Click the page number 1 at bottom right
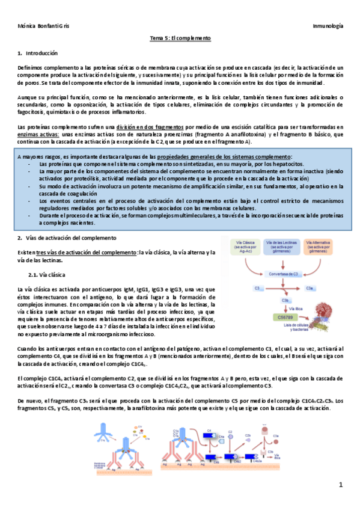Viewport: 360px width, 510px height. point(341,485)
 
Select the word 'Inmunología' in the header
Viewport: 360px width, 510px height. point(328,27)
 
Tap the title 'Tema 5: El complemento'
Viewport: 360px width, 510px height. point(180,38)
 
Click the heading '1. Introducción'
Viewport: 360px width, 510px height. point(37,54)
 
